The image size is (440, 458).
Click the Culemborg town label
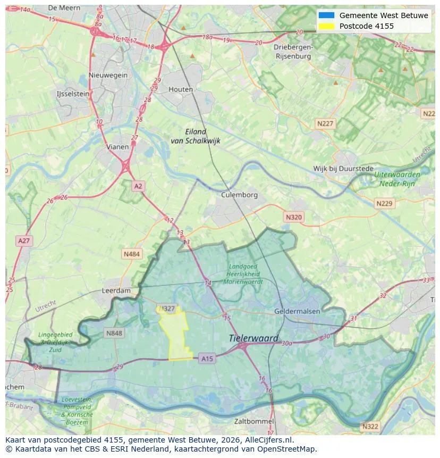click(x=239, y=195)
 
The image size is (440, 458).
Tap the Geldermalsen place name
click(x=296, y=311)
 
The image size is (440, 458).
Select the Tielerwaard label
click(x=253, y=338)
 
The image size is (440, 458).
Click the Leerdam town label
click(x=116, y=291)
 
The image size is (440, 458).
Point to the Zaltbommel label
click(x=253, y=421)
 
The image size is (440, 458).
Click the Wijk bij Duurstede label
click(x=343, y=169)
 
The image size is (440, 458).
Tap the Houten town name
click(x=181, y=89)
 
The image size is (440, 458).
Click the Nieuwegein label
click(x=108, y=75)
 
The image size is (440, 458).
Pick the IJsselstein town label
click(x=73, y=94)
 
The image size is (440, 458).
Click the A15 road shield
click(x=207, y=359)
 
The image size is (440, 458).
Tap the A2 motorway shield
click(x=138, y=186)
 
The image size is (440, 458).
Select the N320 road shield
click(x=293, y=217)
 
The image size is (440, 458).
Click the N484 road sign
click(x=131, y=254)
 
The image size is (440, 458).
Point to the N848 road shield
click(x=114, y=334)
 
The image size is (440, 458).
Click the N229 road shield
click(x=384, y=204)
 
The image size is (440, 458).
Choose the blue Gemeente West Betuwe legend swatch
click(x=326, y=15)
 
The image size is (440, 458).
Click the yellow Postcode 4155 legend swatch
click(x=326, y=26)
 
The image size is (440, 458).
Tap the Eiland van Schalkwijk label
click(x=196, y=136)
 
